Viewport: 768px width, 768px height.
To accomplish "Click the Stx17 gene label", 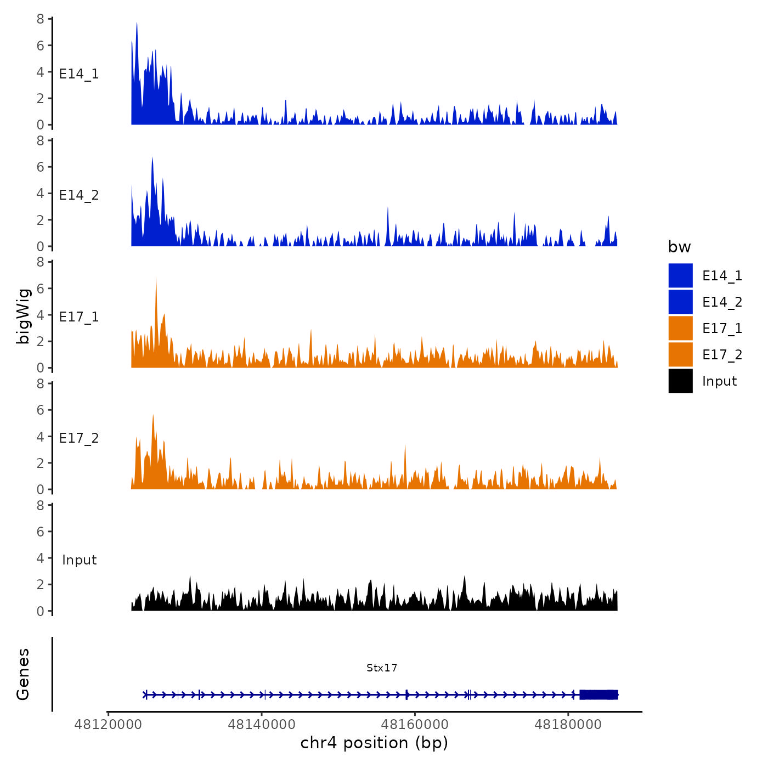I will click(x=382, y=668).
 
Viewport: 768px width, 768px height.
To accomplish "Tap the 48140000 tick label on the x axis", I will click(x=262, y=725).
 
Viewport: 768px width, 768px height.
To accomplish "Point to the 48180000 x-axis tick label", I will click(x=568, y=725).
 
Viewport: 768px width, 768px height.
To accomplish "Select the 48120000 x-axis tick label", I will click(x=108, y=725).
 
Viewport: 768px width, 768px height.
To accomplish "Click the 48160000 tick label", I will click(x=415, y=725).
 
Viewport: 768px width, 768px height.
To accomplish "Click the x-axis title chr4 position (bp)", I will click(x=374, y=743).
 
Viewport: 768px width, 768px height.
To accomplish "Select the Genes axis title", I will click(x=23, y=674).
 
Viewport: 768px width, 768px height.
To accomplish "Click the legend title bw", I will click(x=679, y=247).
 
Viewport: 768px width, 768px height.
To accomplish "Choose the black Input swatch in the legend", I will click(x=680, y=381).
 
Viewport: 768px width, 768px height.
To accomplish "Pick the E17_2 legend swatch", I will click(x=680, y=354).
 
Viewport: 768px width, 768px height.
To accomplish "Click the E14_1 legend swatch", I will click(x=680, y=275).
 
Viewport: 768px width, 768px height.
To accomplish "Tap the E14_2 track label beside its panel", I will click(x=79, y=195).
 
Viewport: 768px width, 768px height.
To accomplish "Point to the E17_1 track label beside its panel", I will click(x=79, y=317).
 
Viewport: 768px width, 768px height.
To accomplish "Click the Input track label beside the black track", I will click(x=79, y=560).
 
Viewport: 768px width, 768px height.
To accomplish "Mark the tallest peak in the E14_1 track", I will click(x=137, y=24).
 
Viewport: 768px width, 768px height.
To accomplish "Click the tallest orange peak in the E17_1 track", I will click(x=156, y=279).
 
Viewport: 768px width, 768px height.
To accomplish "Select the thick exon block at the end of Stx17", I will click(x=598, y=694).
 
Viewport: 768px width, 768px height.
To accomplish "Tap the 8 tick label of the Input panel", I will click(x=41, y=505).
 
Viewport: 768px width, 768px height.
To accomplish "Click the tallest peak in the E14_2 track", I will click(x=152, y=159).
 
